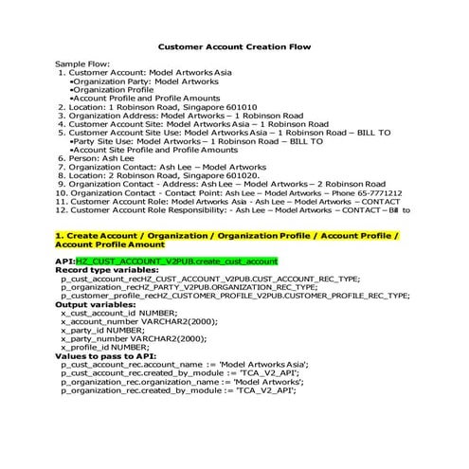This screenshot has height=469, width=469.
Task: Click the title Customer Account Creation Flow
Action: [234, 45]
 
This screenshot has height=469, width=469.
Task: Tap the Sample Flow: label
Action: [82, 63]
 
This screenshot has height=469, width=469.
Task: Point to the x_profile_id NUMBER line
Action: [105, 347]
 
